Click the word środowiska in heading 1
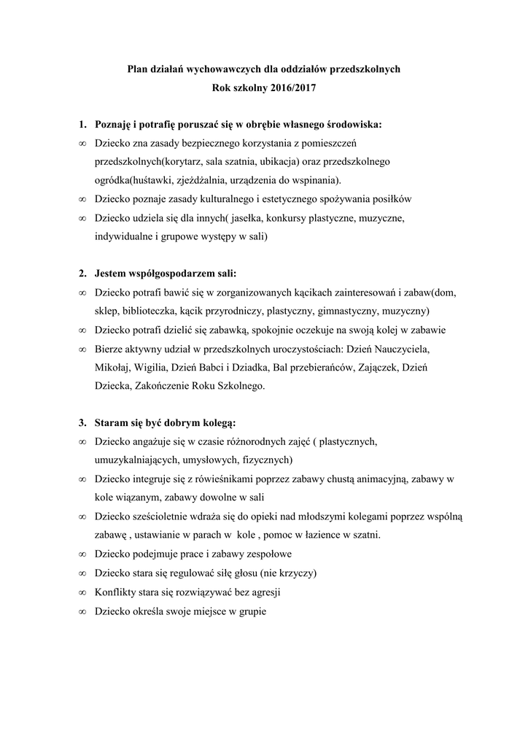point(350,125)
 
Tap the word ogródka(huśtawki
point(134,180)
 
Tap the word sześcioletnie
point(160,515)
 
